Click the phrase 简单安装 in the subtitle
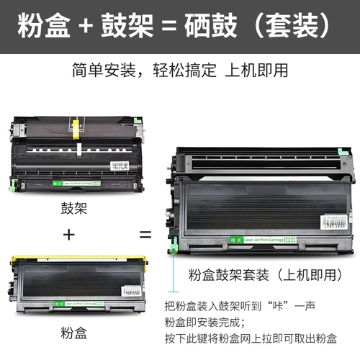(100, 71)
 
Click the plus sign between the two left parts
(69, 235)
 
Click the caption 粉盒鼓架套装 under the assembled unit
(222, 274)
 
